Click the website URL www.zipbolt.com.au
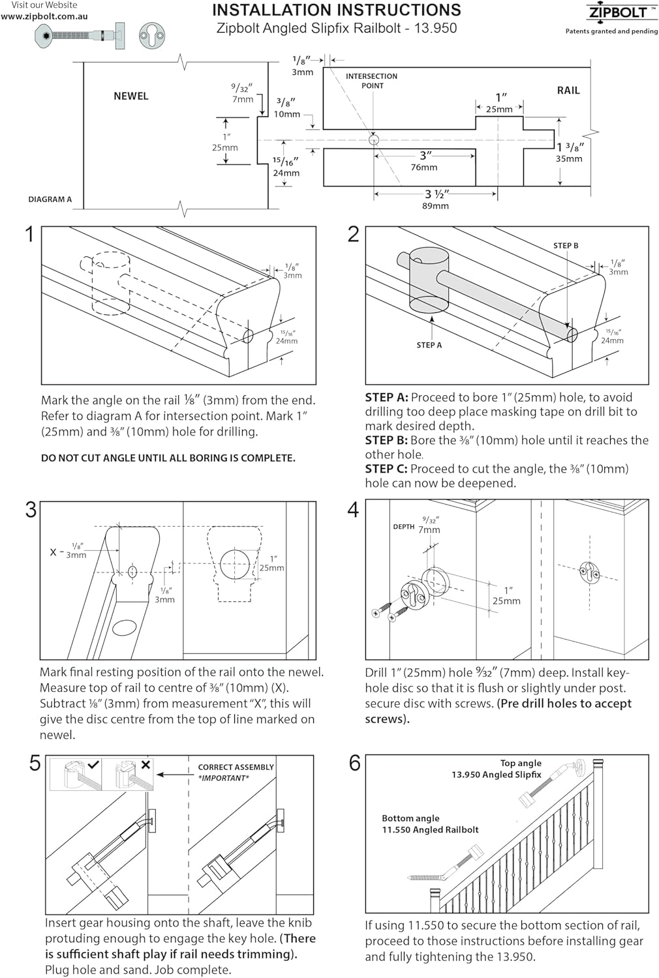click(44, 16)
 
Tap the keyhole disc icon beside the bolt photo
click(151, 35)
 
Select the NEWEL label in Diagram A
click(130, 96)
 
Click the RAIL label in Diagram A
click(568, 91)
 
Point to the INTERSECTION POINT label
click(371, 81)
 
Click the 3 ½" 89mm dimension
click(436, 200)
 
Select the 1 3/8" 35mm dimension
click(569, 153)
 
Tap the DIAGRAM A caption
click(50, 200)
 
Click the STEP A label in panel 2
click(429, 345)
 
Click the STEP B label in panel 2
click(565, 246)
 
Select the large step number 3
click(31, 510)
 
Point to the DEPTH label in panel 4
click(403, 526)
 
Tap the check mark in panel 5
click(93, 765)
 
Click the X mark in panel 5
click(146, 765)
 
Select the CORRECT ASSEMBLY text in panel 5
click(236, 767)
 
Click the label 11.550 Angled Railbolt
click(430, 830)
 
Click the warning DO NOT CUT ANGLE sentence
click(168, 458)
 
